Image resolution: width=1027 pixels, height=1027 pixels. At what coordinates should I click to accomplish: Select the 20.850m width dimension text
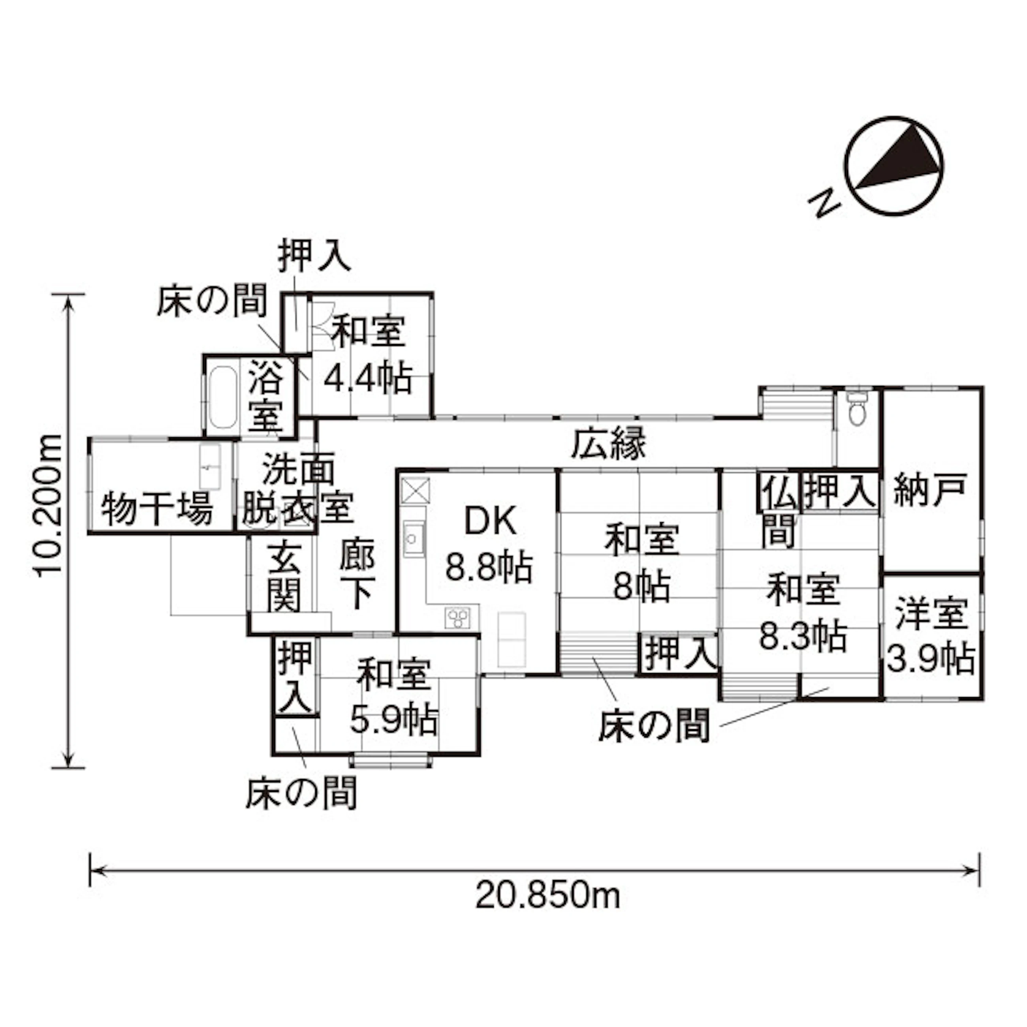548,896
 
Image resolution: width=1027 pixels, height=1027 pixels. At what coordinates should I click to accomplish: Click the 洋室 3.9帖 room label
930,636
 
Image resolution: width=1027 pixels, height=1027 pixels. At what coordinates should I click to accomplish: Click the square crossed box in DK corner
415,489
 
